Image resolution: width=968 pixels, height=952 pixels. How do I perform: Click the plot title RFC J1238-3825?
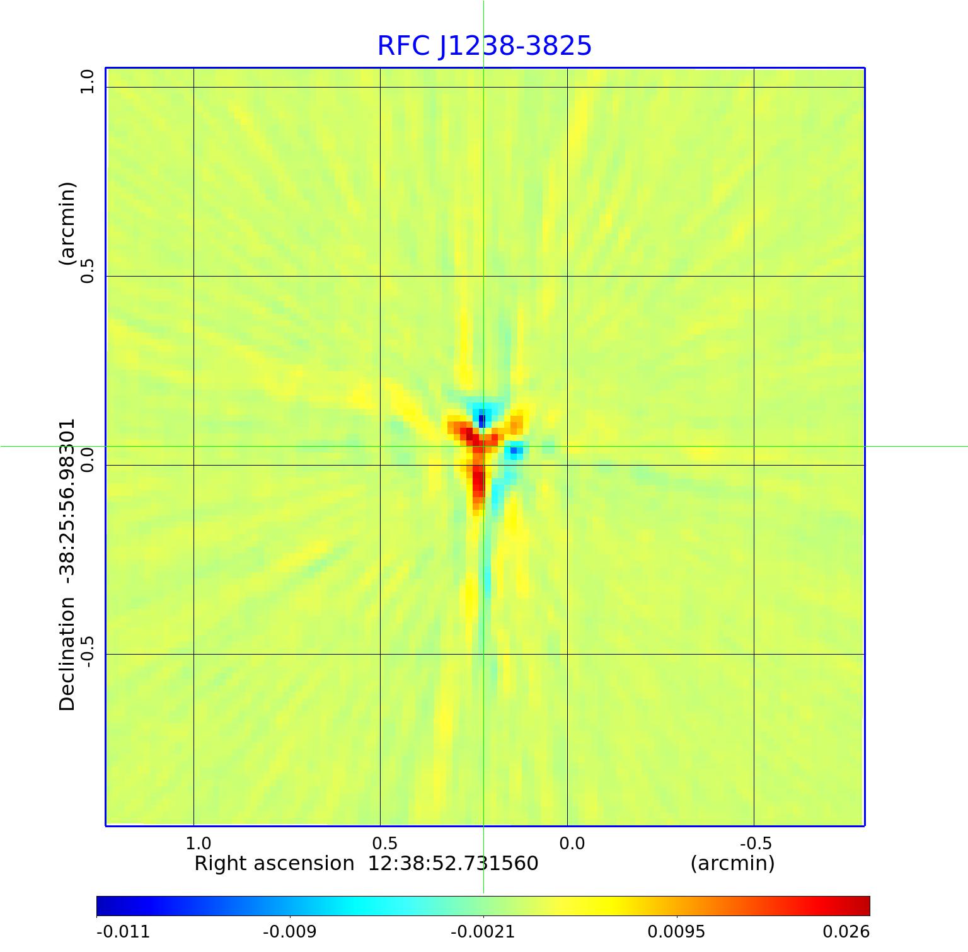tap(484, 46)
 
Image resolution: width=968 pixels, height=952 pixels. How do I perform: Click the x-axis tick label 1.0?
tap(199, 843)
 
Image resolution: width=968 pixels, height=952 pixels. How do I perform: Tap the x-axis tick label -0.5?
tap(755, 843)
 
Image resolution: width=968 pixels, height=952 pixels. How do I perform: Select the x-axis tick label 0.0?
tap(572, 843)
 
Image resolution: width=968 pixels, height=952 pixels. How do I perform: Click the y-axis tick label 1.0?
tap(86, 81)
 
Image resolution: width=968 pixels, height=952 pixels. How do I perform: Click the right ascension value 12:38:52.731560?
tap(453, 863)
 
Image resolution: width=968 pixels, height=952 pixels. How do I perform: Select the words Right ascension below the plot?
tap(274, 863)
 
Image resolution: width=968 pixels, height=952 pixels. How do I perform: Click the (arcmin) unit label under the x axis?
tap(732, 863)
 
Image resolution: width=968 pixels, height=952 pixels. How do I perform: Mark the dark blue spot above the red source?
tap(482, 419)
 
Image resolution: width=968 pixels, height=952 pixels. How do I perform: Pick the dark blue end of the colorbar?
tap(104, 905)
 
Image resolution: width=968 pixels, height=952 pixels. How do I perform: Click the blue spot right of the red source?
tap(516, 450)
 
